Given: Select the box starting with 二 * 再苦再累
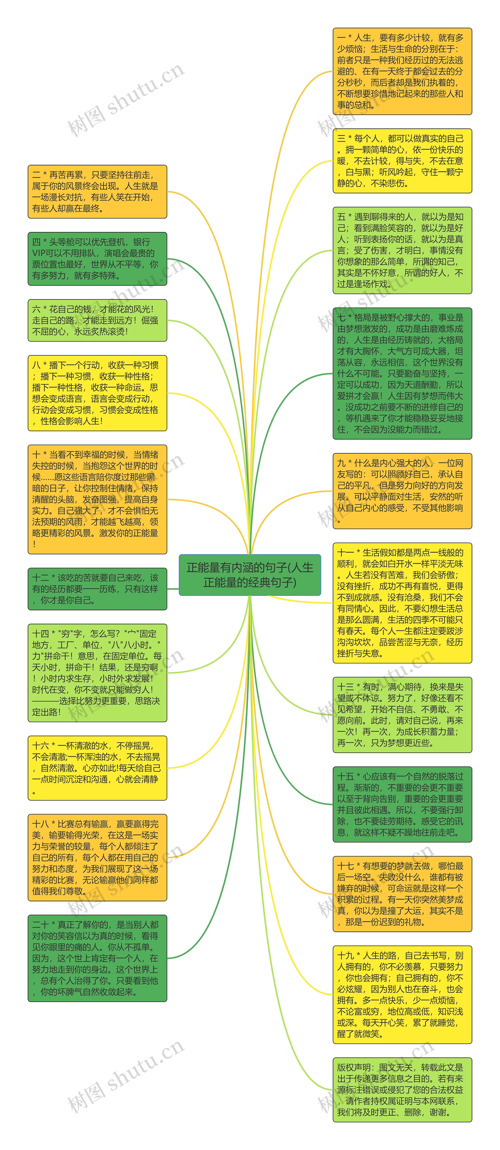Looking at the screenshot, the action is (97, 192).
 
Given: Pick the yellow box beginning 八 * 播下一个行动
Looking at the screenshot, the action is (97, 393).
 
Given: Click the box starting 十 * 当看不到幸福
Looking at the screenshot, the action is (97, 499).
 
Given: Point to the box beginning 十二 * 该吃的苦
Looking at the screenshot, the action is (97, 589).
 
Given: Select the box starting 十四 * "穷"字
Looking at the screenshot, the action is (97, 673).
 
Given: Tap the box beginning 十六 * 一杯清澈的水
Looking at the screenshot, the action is (97, 768).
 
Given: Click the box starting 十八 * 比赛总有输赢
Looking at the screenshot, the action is (97, 857).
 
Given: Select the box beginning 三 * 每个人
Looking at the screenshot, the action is (402, 161).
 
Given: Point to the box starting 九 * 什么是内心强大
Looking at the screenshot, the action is (402, 491).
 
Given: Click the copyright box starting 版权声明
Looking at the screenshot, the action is (402, 1089).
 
